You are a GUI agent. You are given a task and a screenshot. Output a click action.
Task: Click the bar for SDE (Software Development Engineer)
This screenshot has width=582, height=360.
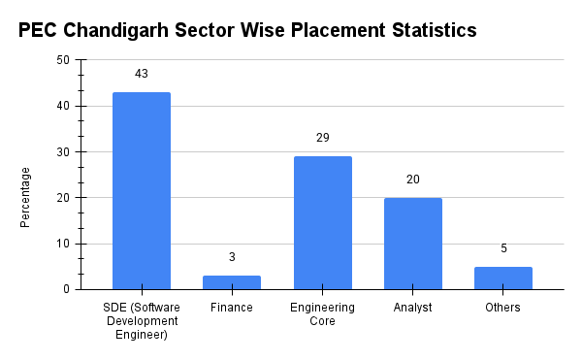(x=142, y=191)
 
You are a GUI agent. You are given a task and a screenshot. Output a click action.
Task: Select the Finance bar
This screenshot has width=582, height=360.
(x=232, y=282)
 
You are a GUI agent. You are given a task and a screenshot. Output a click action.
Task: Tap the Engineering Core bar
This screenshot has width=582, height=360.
(x=322, y=223)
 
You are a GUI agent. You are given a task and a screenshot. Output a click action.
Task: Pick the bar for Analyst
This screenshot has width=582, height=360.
(x=412, y=244)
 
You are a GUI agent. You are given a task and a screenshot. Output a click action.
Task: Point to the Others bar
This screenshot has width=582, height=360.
(x=502, y=278)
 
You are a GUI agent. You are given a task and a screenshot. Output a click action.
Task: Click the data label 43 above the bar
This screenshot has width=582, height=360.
(x=142, y=74)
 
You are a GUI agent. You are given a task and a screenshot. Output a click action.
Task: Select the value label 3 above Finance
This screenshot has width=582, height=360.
(x=232, y=257)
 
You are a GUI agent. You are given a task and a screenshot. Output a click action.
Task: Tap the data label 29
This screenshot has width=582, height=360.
(x=322, y=138)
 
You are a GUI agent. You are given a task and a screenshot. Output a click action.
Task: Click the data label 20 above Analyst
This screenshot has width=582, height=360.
(x=412, y=180)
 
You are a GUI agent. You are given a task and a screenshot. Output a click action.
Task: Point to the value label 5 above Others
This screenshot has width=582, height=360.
(x=502, y=248)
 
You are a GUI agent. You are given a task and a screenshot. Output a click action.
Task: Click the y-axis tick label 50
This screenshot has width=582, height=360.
(x=63, y=60)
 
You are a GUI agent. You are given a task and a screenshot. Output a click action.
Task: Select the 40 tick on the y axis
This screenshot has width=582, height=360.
(x=63, y=106)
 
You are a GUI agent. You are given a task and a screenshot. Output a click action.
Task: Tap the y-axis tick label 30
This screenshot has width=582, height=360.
(x=63, y=152)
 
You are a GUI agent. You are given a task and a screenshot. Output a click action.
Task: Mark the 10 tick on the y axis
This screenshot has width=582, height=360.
(x=63, y=244)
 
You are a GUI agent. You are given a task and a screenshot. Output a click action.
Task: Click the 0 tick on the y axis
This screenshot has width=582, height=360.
(x=66, y=289)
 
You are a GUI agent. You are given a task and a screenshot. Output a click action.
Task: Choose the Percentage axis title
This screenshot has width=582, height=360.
(x=26, y=197)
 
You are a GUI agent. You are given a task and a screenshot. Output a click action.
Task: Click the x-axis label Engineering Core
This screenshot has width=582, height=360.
(x=322, y=314)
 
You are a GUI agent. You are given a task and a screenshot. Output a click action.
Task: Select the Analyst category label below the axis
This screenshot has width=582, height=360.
(x=412, y=308)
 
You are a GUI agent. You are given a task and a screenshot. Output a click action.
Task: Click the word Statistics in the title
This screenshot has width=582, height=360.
(x=427, y=30)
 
